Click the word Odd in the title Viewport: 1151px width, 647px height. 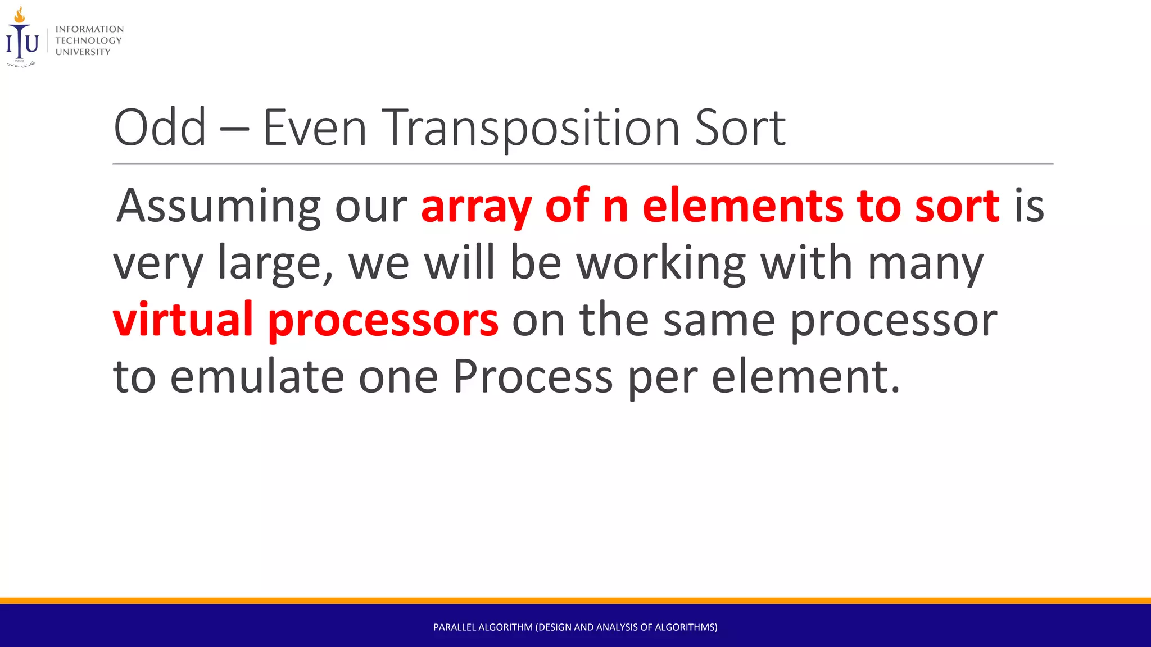[x=160, y=128]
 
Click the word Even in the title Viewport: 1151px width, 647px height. [x=315, y=128]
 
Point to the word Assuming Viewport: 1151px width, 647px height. [x=218, y=207]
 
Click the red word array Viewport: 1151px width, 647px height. [x=475, y=207]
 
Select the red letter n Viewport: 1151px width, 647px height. [x=615, y=207]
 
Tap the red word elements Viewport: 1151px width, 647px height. [x=742, y=206]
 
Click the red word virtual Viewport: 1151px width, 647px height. [x=183, y=319]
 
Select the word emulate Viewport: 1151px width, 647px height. [x=257, y=376]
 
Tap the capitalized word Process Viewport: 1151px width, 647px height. [x=532, y=376]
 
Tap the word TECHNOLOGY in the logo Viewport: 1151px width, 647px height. [x=88, y=40]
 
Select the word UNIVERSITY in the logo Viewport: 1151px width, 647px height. [x=83, y=52]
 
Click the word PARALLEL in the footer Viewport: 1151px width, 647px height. [x=454, y=627]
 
